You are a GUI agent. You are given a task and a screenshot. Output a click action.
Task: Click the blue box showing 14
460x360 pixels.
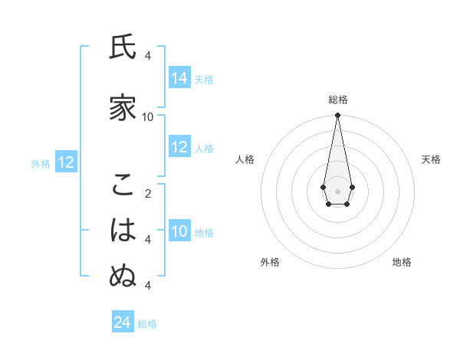(x=179, y=78)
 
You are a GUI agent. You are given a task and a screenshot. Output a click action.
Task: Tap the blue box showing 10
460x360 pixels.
(x=179, y=232)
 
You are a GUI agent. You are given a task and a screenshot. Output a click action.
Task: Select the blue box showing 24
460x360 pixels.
(x=123, y=322)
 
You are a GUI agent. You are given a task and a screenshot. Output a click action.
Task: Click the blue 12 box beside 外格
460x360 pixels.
(x=66, y=162)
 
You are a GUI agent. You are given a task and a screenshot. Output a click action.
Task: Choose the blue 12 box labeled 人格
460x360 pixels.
(x=179, y=148)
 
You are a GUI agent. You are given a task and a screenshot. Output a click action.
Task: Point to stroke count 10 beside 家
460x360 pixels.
(x=148, y=116)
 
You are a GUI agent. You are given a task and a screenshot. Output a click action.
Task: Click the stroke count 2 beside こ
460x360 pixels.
(x=148, y=193)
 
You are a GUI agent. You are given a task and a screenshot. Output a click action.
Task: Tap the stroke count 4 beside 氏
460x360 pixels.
(x=148, y=56)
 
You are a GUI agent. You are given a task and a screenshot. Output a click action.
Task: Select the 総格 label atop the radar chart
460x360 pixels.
(x=337, y=100)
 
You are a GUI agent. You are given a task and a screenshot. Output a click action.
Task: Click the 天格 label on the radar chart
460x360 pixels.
(x=431, y=159)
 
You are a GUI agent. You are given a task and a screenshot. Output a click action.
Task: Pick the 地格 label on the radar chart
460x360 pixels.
(x=402, y=262)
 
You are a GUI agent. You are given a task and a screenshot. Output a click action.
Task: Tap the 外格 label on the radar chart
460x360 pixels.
(x=270, y=262)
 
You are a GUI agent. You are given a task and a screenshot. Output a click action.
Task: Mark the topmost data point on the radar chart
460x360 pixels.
(x=337, y=116)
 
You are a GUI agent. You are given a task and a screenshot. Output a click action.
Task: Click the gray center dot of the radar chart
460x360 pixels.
(x=337, y=191)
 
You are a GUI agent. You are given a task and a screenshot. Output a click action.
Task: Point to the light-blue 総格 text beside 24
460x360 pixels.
(x=147, y=324)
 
